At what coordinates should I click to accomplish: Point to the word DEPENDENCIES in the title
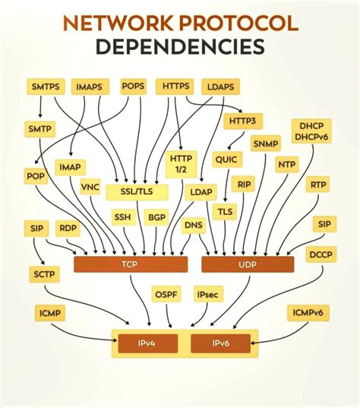click(180, 47)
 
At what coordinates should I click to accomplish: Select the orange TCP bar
click(130, 264)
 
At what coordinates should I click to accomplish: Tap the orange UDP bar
click(247, 264)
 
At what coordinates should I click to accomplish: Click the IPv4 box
click(147, 344)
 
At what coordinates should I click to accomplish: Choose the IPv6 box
click(220, 344)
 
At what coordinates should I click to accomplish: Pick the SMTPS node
click(46, 87)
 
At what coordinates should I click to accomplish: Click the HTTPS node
click(175, 87)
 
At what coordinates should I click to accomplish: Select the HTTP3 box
click(242, 120)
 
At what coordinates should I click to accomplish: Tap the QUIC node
click(226, 160)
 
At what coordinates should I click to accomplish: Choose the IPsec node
click(208, 294)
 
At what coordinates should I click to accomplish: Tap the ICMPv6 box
click(308, 312)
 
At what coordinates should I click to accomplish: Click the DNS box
click(194, 225)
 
